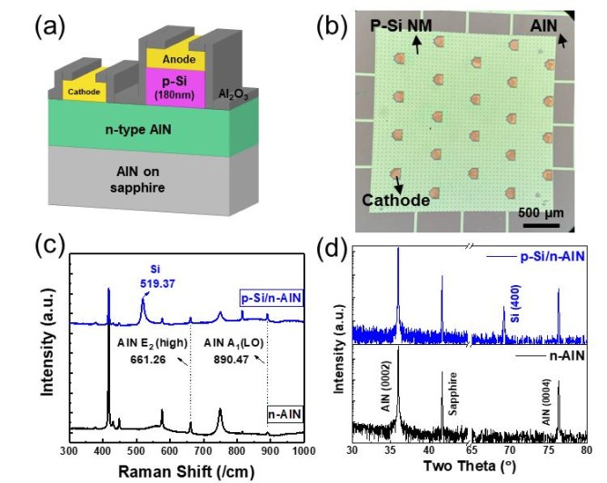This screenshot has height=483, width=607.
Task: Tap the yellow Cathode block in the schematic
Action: [85, 91]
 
